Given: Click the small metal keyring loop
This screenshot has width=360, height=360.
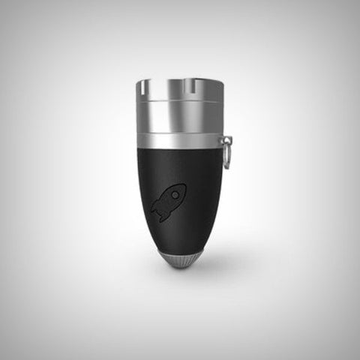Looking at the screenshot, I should tap(227, 152).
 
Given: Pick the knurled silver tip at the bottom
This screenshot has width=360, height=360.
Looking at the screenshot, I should tap(180, 261).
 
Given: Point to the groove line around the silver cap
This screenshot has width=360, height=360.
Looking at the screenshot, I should tap(180, 102).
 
